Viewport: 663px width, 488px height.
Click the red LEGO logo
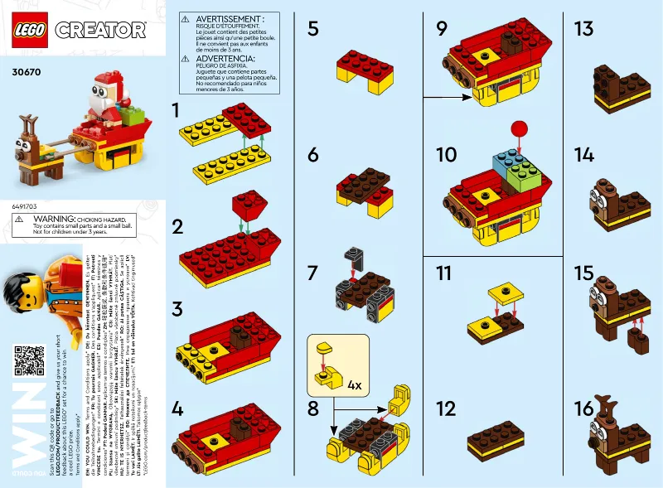coord(30,30)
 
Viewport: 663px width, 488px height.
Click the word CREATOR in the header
coord(100,31)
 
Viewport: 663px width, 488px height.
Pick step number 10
coord(445,155)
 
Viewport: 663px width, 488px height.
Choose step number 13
coord(583,29)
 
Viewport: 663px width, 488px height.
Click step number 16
coord(583,408)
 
